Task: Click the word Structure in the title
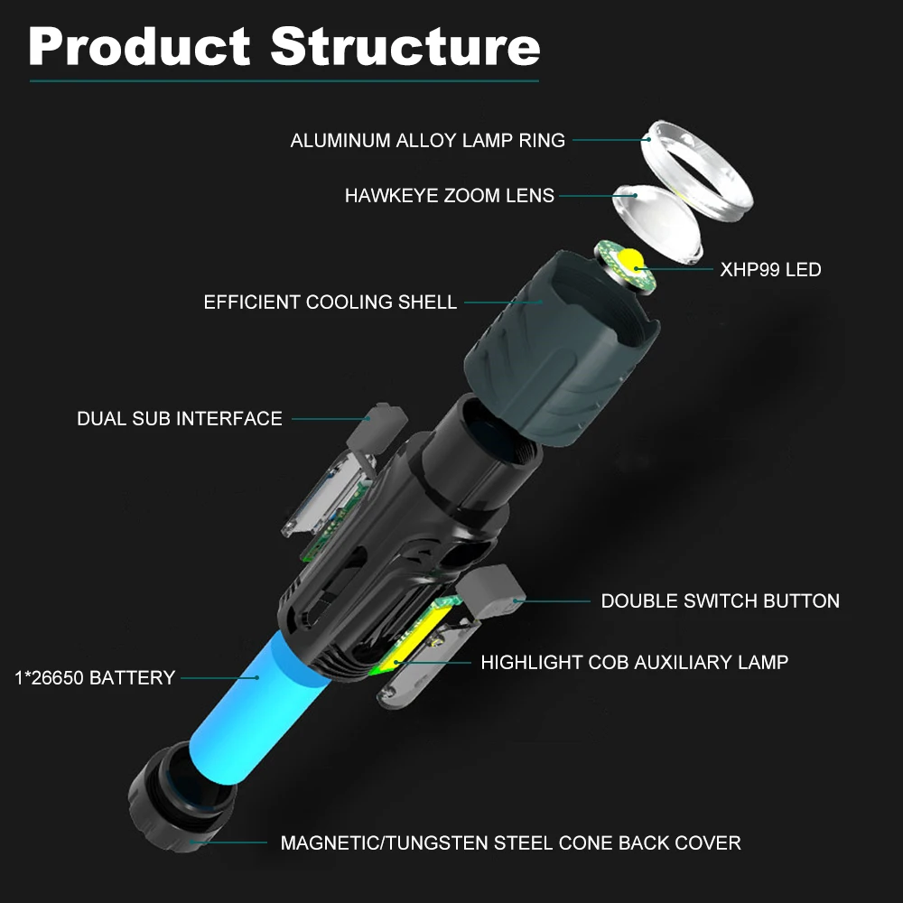[x=405, y=46]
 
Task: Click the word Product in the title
[x=139, y=46]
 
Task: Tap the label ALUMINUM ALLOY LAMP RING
[x=427, y=141]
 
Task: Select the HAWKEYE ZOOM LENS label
[x=449, y=196]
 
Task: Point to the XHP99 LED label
[x=770, y=269]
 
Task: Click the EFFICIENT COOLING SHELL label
[x=330, y=303]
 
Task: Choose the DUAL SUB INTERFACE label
[x=180, y=419]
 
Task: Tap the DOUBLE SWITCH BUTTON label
[x=720, y=601]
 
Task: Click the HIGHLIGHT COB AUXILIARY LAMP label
[x=634, y=662]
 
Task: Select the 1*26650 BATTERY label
[x=95, y=678]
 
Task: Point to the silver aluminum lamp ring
[x=697, y=171]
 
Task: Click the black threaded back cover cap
[x=181, y=796]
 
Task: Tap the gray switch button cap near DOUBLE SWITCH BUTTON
[x=490, y=591]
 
